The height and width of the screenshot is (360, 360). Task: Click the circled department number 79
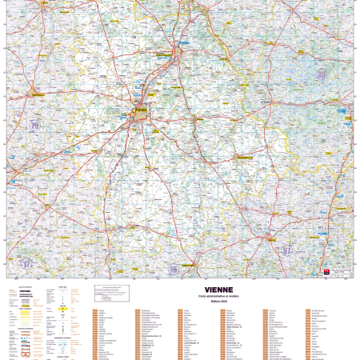[x=34, y=126]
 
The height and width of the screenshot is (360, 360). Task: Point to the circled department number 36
[x=322, y=74]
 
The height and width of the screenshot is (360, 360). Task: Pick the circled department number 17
[x=26, y=262]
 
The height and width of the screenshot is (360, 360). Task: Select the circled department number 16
[x=173, y=270]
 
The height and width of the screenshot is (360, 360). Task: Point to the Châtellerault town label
[x=183, y=55]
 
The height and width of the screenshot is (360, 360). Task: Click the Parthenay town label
[x=36, y=94]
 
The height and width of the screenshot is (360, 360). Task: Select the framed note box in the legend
[x=110, y=292]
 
